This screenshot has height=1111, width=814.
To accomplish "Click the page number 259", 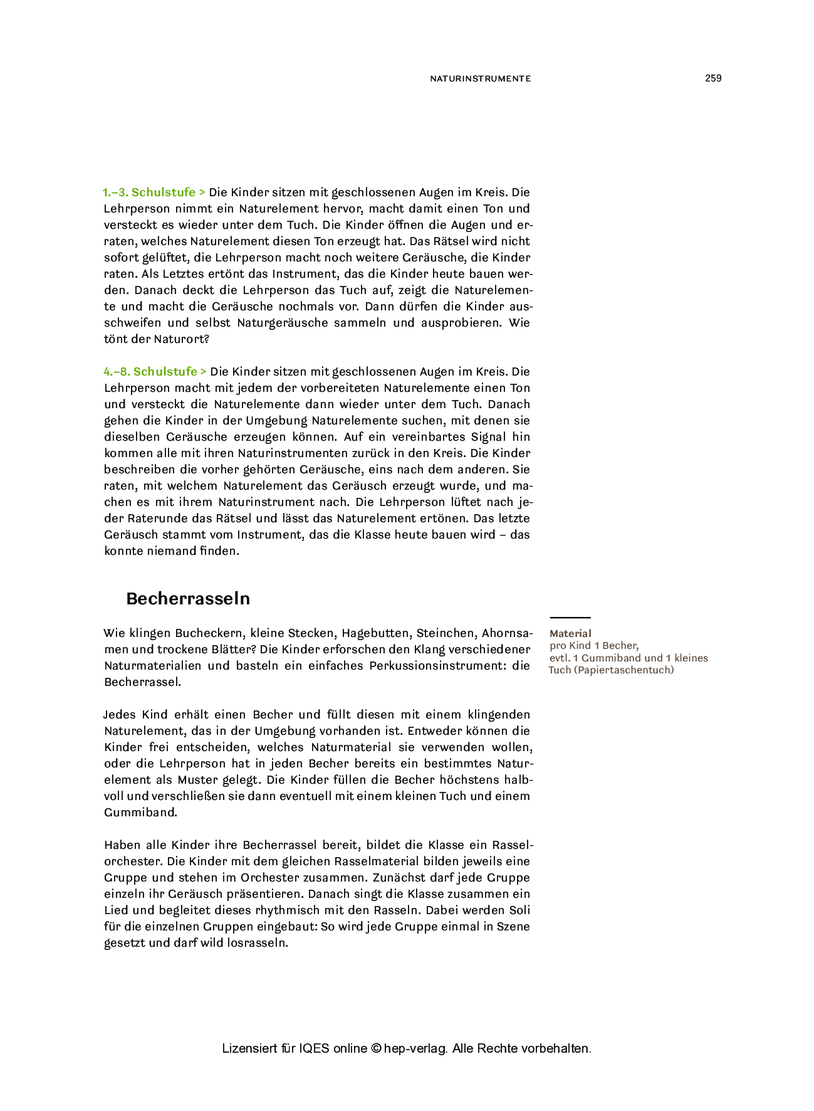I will coord(713,78).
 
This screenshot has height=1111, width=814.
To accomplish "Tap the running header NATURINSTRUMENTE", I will coord(480,79).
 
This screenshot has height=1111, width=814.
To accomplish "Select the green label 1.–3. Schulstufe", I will coord(149,192).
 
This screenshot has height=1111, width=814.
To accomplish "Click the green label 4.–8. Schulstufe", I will coord(150,372).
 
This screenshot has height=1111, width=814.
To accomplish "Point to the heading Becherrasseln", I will coord(188,599).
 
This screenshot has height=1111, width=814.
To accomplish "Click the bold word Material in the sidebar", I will coord(570,634).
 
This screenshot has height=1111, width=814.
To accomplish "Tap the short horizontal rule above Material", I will coord(570,618).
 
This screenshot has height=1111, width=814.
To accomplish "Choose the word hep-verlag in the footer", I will coord(415,1048).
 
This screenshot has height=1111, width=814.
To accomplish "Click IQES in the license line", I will coord(314,1048).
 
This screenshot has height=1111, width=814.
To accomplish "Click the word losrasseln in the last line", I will coord(257,943).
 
